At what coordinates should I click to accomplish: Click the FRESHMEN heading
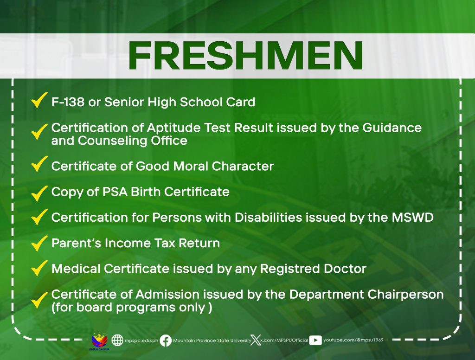[x=245, y=56]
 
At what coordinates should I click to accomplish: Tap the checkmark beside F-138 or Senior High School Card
[x=39, y=100]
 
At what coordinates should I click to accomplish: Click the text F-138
[x=68, y=102]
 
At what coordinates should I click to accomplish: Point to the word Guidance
[x=392, y=128]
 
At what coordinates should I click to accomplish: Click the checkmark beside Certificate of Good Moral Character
[x=39, y=164]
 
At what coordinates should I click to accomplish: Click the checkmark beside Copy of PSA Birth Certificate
[x=39, y=193]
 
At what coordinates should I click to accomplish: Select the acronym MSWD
[x=412, y=217]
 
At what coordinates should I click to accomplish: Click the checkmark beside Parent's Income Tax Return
[x=39, y=244]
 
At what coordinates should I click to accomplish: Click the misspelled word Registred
[x=290, y=269]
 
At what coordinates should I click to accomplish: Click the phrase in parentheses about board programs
[x=132, y=308]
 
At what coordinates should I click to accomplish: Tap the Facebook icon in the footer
[x=166, y=341]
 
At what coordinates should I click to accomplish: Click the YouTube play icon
[x=315, y=341]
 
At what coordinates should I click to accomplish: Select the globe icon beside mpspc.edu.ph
[x=117, y=341]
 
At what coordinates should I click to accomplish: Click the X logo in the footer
[x=256, y=341]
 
